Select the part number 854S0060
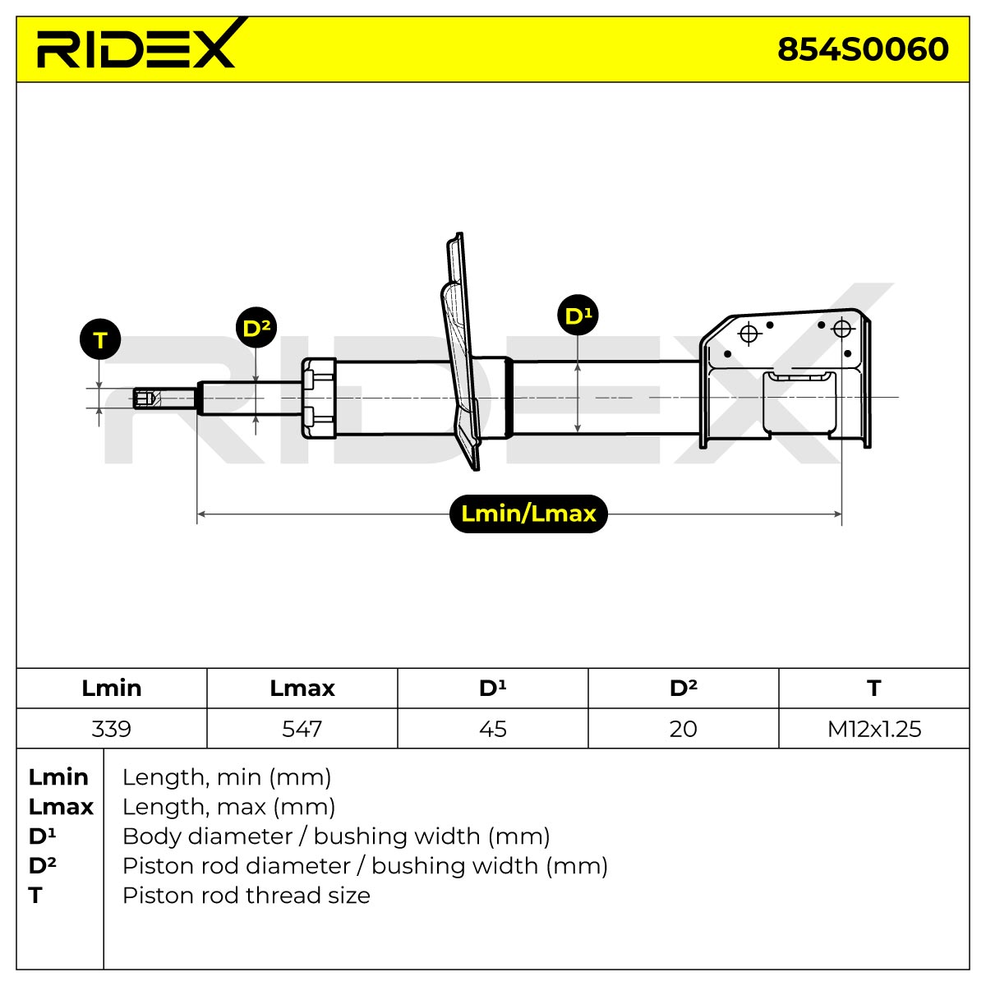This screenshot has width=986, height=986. point(862,49)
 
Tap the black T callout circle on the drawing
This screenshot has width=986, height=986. point(100,339)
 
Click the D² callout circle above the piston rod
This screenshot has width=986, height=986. point(256,328)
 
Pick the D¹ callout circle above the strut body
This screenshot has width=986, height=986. point(578,315)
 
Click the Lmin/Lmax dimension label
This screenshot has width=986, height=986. point(528,514)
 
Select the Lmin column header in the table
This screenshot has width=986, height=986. point(112,689)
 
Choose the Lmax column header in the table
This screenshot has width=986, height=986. point(302,689)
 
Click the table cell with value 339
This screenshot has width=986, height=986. point(112,729)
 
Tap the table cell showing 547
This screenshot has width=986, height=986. point(302,729)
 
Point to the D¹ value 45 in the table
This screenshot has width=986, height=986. point(493,729)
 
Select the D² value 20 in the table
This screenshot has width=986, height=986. point(683,729)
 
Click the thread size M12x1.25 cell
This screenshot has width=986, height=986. point(874,729)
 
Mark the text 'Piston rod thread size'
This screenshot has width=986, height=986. point(246,896)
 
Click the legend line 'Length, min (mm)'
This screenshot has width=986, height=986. point(227,778)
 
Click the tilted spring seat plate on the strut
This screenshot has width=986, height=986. point(460,352)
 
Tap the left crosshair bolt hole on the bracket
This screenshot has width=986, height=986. point(749,334)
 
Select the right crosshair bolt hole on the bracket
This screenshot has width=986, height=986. point(841,329)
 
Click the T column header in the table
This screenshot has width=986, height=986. point(874,689)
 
